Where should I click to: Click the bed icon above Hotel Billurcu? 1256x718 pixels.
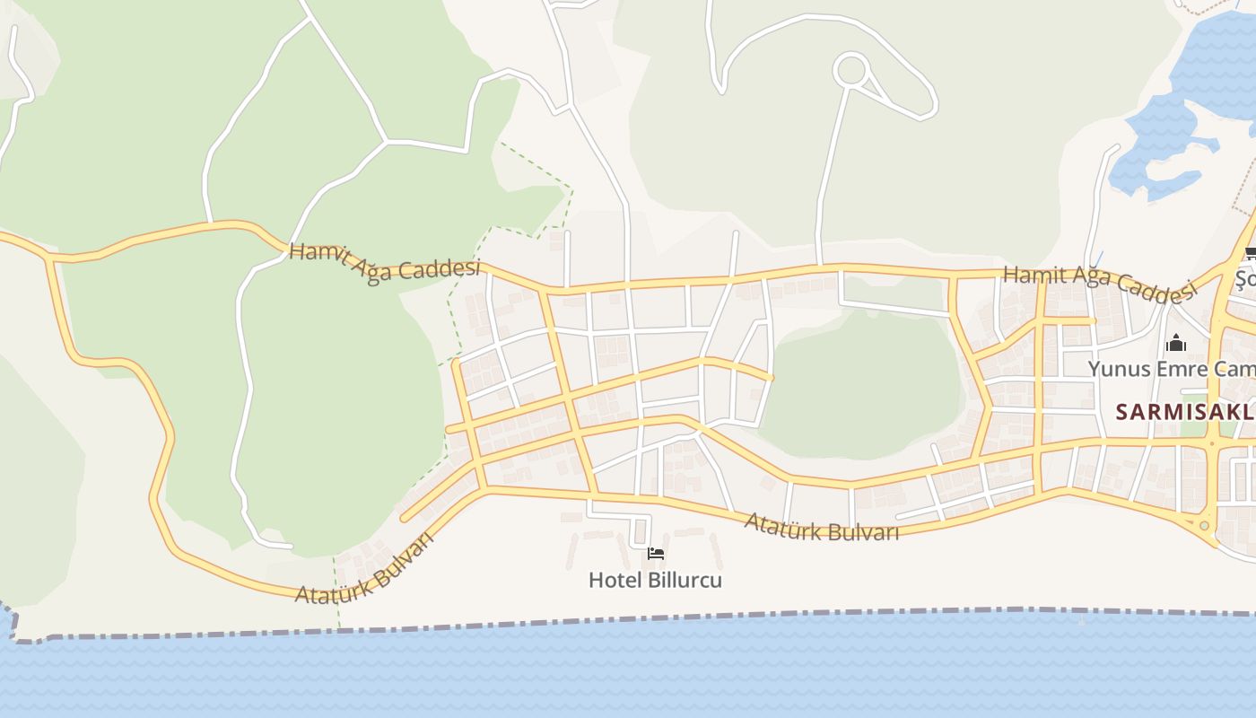tap(656, 554)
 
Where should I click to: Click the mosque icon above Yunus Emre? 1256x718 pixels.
tap(1175, 343)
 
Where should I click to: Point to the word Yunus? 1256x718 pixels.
tap(1115, 369)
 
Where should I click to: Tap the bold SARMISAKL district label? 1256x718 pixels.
tap(1184, 412)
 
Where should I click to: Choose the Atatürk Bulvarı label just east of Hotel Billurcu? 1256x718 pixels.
tap(821, 527)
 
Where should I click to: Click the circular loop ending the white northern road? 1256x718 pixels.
tap(850, 69)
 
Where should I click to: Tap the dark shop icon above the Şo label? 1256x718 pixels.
tap(1250, 253)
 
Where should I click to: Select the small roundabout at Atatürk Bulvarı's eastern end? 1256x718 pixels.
tap(1204, 525)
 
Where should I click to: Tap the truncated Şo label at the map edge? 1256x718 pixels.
tap(1245, 279)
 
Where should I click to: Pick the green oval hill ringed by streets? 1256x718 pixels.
tap(861, 386)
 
